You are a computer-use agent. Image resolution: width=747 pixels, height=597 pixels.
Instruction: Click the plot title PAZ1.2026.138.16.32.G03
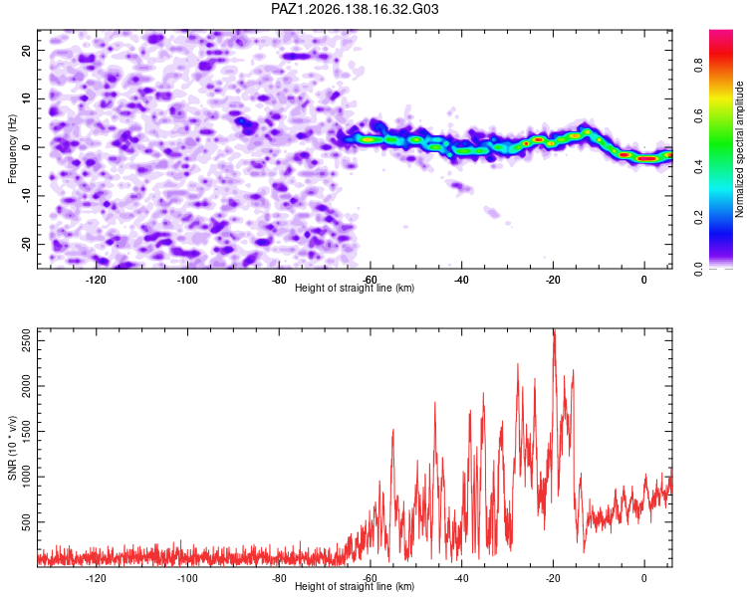point(355,9)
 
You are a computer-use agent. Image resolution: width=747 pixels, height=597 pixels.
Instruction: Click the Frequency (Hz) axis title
point(12,149)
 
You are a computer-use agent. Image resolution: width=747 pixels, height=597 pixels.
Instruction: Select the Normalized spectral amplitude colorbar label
point(739,149)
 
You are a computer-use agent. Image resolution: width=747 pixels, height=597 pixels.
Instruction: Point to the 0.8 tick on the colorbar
point(698,65)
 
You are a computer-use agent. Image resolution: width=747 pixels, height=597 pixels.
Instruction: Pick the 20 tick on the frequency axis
point(26,50)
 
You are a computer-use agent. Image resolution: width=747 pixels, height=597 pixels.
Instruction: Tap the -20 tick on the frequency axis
point(26,244)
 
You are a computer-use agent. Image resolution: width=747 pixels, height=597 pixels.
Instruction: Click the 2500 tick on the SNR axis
point(26,340)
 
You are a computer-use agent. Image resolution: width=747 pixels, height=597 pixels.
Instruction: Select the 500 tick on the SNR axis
point(26,522)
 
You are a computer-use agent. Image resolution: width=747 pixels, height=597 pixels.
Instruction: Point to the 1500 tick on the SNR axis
point(26,431)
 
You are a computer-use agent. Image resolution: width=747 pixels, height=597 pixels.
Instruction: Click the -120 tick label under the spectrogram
point(96,280)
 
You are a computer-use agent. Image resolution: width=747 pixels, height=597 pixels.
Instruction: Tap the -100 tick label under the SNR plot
point(187,578)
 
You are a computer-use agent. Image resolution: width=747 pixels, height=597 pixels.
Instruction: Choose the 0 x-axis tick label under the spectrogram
point(644,280)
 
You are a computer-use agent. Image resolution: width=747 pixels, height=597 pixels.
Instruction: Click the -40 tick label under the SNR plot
point(461,578)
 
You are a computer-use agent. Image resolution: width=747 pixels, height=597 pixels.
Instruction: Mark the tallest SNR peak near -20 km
point(554,329)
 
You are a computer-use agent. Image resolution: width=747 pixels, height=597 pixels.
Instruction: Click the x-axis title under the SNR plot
point(355,586)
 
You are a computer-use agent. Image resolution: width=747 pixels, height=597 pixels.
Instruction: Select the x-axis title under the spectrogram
point(355,288)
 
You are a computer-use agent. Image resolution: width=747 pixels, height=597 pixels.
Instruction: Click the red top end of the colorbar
point(721,32)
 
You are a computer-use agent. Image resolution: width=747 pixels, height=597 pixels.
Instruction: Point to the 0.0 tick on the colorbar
point(698,269)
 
